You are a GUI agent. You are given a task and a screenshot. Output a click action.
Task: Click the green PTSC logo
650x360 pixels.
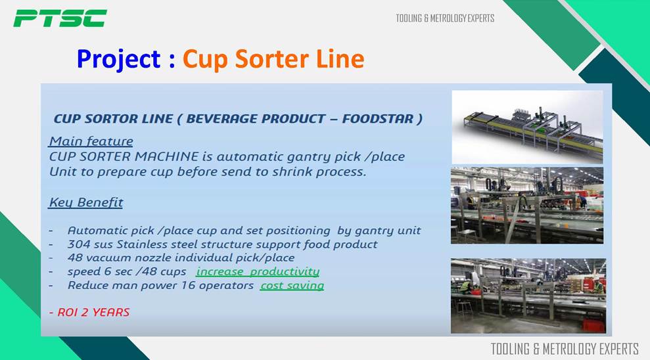(60, 18)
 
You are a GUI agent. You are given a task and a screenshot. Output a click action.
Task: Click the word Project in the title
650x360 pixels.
(118, 59)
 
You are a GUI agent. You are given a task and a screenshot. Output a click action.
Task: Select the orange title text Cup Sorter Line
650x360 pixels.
(273, 58)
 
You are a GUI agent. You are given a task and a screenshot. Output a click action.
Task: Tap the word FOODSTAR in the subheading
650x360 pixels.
(377, 119)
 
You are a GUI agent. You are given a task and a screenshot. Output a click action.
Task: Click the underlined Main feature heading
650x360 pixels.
(91, 141)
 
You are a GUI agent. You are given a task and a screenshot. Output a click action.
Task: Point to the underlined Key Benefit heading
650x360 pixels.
(86, 202)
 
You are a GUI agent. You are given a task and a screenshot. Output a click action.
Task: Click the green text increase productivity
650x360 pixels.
(258, 271)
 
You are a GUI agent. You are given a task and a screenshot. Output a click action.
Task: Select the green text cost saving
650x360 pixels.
(292, 285)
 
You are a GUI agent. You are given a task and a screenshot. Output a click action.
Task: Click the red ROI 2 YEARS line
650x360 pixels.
(89, 312)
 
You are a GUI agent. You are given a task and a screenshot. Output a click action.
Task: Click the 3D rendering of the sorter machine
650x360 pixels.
(527, 127)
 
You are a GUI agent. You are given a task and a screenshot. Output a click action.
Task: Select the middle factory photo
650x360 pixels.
(527, 206)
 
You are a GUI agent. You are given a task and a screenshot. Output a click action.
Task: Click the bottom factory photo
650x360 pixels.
(528, 296)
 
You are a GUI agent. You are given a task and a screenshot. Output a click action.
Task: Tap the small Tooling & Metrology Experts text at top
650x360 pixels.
(445, 18)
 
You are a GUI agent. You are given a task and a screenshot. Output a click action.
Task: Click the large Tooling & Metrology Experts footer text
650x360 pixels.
(565, 349)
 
